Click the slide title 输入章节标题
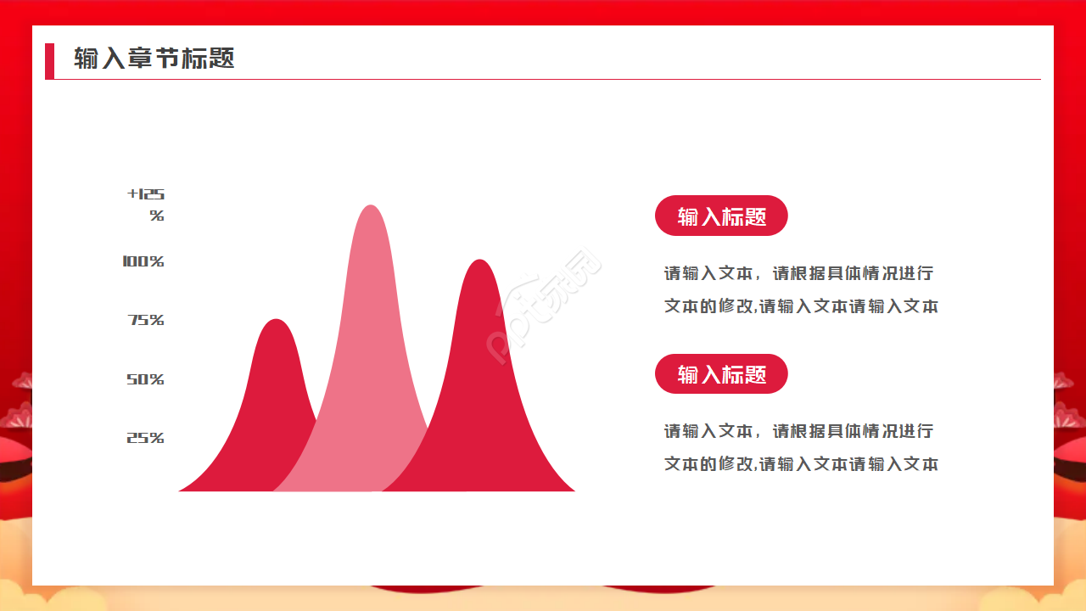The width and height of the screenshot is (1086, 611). point(154,59)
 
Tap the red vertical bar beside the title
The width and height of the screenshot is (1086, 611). point(49,61)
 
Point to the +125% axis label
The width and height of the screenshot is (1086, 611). point(147,205)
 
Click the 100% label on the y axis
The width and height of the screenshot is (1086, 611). point(143,261)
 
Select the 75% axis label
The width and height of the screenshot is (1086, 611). point(146,320)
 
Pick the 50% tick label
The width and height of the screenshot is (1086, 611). point(145,379)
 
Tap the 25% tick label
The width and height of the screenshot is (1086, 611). point(145,438)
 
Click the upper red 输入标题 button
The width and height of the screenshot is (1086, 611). point(721,216)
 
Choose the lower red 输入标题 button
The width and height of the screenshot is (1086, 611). point(721,373)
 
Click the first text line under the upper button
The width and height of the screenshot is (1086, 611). point(798,273)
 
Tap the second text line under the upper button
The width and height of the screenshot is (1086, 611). point(801,305)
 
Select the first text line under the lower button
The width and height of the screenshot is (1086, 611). point(798,431)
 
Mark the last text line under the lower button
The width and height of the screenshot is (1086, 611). point(801,464)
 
